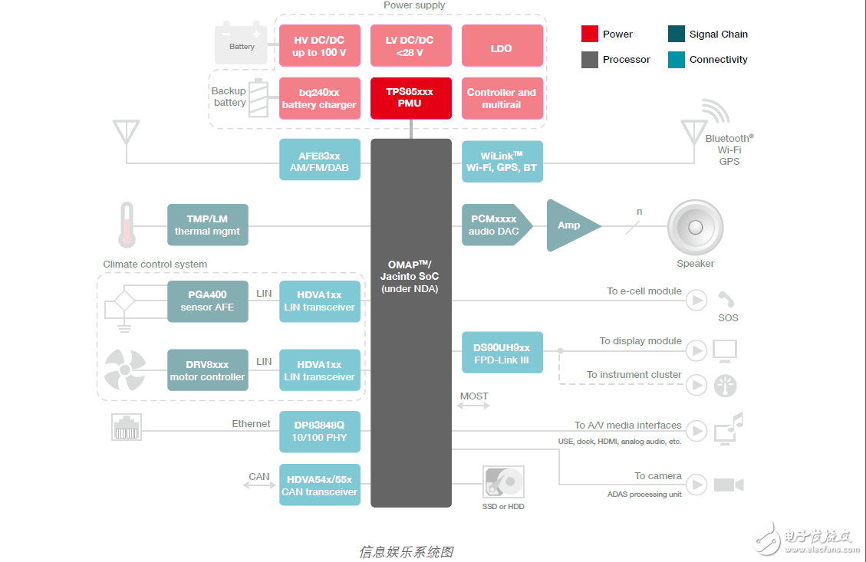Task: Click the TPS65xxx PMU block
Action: (x=410, y=97)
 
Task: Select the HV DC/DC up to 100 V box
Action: (x=319, y=46)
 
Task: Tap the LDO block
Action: (x=502, y=48)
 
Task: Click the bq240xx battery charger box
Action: (x=319, y=98)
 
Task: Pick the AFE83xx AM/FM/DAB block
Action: (x=319, y=160)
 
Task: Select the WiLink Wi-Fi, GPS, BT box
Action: (x=502, y=161)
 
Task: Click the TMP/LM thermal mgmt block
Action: (x=207, y=225)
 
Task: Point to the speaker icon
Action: (x=695, y=228)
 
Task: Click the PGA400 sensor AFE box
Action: (x=207, y=301)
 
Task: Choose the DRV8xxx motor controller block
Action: (x=207, y=370)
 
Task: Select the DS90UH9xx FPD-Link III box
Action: (x=502, y=353)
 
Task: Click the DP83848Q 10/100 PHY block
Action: (x=319, y=431)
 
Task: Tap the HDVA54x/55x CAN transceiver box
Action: (x=319, y=485)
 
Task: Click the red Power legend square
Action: (x=589, y=34)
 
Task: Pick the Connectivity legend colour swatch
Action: (x=676, y=60)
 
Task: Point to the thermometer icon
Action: (x=127, y=225)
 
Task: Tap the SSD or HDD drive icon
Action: (x=504, y=483)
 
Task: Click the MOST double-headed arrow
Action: (x=473, y=406)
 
